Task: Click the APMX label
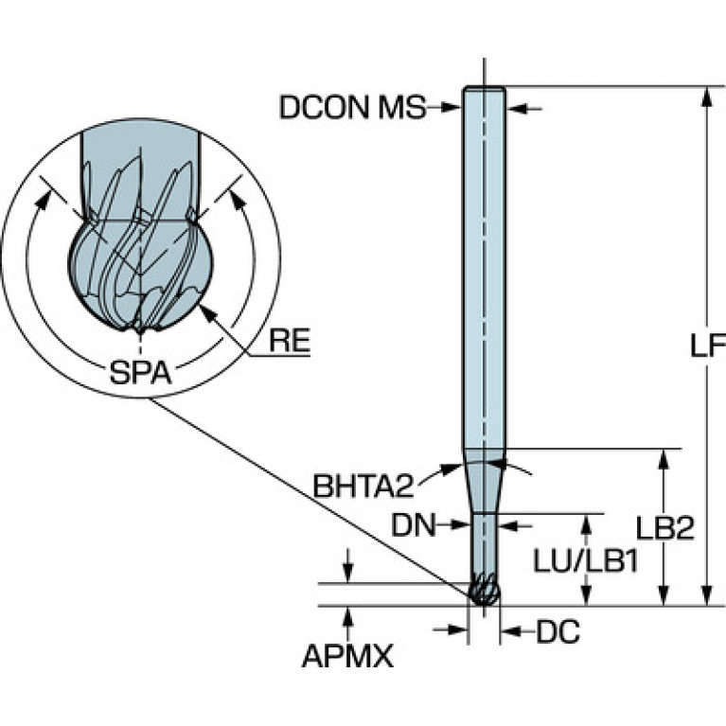coord(347,656)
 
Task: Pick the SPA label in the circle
coord(140,372)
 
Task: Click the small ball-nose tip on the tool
coord(484,590)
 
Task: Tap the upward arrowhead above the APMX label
coord(349,615)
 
